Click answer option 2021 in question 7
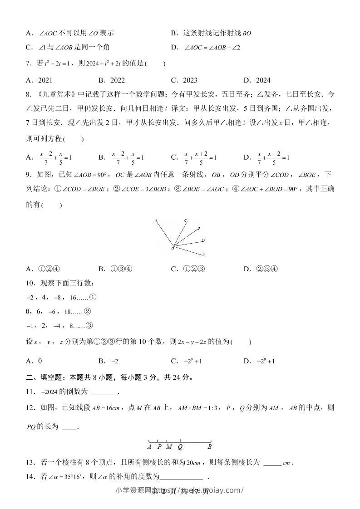click(x=45, y=80)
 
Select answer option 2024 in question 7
click(x=263, y=80)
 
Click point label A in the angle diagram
click(x=155, y=221)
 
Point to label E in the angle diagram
click(x=203, y=254)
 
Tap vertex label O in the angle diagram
click(x=172, y=249)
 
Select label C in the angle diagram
click(x=185, y=221)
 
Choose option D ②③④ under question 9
click(x=268, y=269)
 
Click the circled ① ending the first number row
click(x=94, y=298)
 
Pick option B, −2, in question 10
click(x=115, y=362)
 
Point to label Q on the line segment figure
click(x=180, y=446)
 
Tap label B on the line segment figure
click(x=210, y=446)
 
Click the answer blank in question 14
click(x=182, y=477)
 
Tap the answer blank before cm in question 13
click(x=272, y=463)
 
